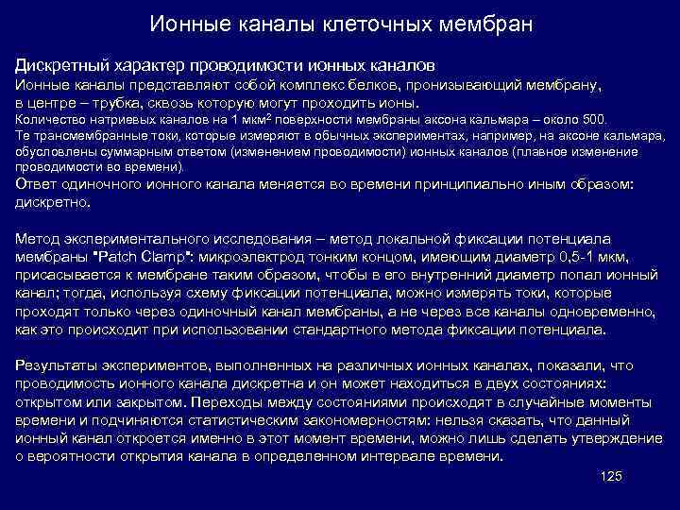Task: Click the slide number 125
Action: click(x=611, y=477)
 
